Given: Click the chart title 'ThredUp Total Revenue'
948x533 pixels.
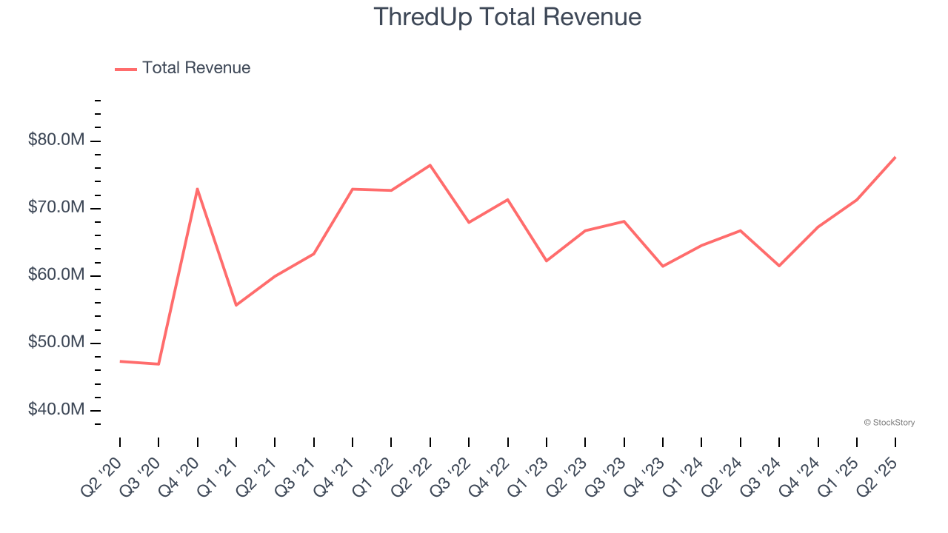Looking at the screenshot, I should [507, 17].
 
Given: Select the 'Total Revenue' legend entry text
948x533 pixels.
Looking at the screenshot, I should [196, 68].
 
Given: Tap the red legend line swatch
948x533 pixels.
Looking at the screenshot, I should [126, 69].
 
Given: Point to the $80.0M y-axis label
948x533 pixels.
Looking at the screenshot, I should [56, 141].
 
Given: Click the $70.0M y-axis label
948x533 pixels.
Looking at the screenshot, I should [56, 208].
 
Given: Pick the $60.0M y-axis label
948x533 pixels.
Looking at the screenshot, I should [56, 275].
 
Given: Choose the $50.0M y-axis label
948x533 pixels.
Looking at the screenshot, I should [56, 343].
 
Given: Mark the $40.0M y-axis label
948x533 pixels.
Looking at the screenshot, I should [56, 410].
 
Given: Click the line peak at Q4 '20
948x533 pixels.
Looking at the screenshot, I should [198, 189].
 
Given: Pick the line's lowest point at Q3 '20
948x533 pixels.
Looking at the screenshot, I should [158, 363].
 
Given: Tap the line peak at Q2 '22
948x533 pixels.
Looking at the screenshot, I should [430, 165].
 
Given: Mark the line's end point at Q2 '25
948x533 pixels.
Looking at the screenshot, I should [895, 157].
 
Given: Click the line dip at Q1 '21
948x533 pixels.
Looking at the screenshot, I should [236, 305].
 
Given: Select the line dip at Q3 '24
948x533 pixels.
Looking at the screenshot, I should [779, 266].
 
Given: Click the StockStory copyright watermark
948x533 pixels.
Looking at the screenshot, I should [889, 423].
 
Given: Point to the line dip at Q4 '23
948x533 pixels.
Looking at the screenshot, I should [663, 266].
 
